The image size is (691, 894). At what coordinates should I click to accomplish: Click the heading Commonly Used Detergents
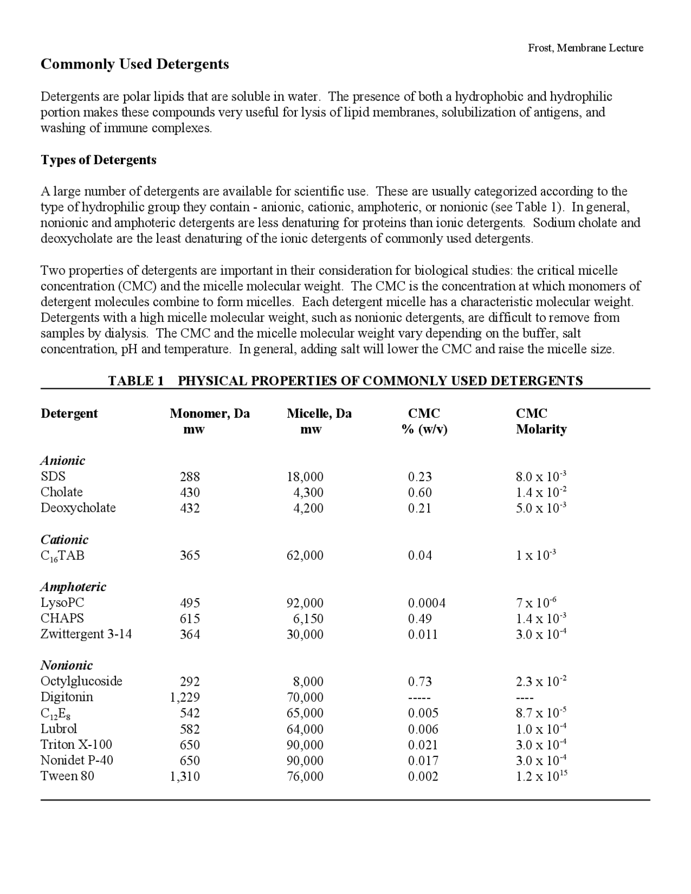point(135,64)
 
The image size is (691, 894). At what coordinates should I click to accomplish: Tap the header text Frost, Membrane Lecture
point(585,48)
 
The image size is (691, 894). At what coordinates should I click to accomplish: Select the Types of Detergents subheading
point(99,160)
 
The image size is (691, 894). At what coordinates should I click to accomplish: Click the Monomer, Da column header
point(209,414)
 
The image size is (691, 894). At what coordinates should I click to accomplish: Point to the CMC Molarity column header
point(541,421)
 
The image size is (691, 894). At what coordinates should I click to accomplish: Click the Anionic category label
point(63,460)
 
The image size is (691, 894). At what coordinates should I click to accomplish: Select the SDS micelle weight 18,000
point(305,477)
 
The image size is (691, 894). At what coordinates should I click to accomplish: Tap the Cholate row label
point(62,492)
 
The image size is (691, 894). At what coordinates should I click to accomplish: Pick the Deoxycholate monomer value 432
point(189,508)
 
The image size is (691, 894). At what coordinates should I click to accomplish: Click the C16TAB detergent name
point(63,556)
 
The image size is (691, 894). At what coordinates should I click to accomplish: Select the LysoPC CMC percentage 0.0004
point(426,603)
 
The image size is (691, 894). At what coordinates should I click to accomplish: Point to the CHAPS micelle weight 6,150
point(308,619)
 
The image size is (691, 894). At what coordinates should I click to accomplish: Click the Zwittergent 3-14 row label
point(86,634)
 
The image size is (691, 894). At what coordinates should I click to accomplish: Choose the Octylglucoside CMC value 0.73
point(419,681)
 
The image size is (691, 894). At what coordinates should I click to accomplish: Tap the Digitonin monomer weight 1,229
point(185,697)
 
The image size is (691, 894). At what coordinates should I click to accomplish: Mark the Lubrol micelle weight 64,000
point(305,729)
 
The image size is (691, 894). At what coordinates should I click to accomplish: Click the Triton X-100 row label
point(76,744)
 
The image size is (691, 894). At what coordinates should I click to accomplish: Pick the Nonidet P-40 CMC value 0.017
point(423,760)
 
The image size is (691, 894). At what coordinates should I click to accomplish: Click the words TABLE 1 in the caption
point(136,381)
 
